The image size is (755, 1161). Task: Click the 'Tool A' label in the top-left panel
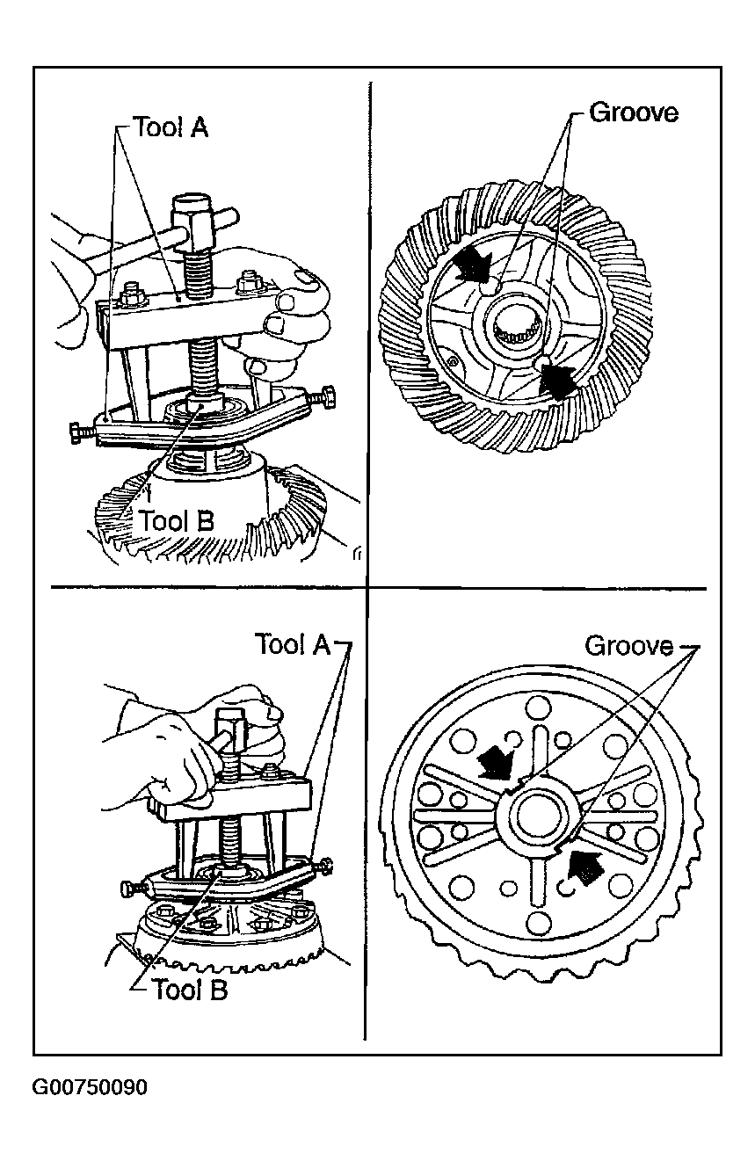pyautogui.click(x=171, y=128)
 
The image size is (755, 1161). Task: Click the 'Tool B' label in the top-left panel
pyautogui.click(x=174, y=520)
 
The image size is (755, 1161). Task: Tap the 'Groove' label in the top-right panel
pyautogui.click(x=634, y=113)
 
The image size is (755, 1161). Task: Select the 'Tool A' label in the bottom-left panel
pyautogui.click(x=293, y=644)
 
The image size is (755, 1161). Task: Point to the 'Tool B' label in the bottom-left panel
pyautogui.click(x=190, y=990)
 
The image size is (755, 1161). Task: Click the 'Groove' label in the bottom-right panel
pyautogui.click(x=629, y=646)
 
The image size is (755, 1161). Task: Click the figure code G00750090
pyautogui.click(x=90, y=1088)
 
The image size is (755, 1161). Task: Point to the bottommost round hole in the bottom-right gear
pyautogui.click(x=536, y=921)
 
